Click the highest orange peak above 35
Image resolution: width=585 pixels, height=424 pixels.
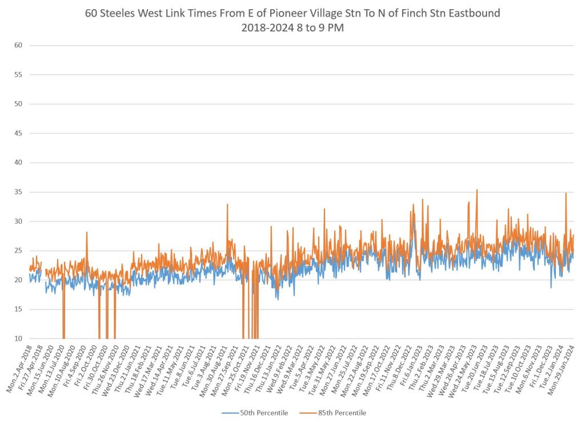[477, 190]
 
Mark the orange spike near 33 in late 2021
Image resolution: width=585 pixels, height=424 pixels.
[227, 205]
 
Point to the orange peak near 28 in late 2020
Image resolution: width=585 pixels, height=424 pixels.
[87, 232]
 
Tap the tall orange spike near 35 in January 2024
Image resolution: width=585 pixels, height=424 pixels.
[566, 194]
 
